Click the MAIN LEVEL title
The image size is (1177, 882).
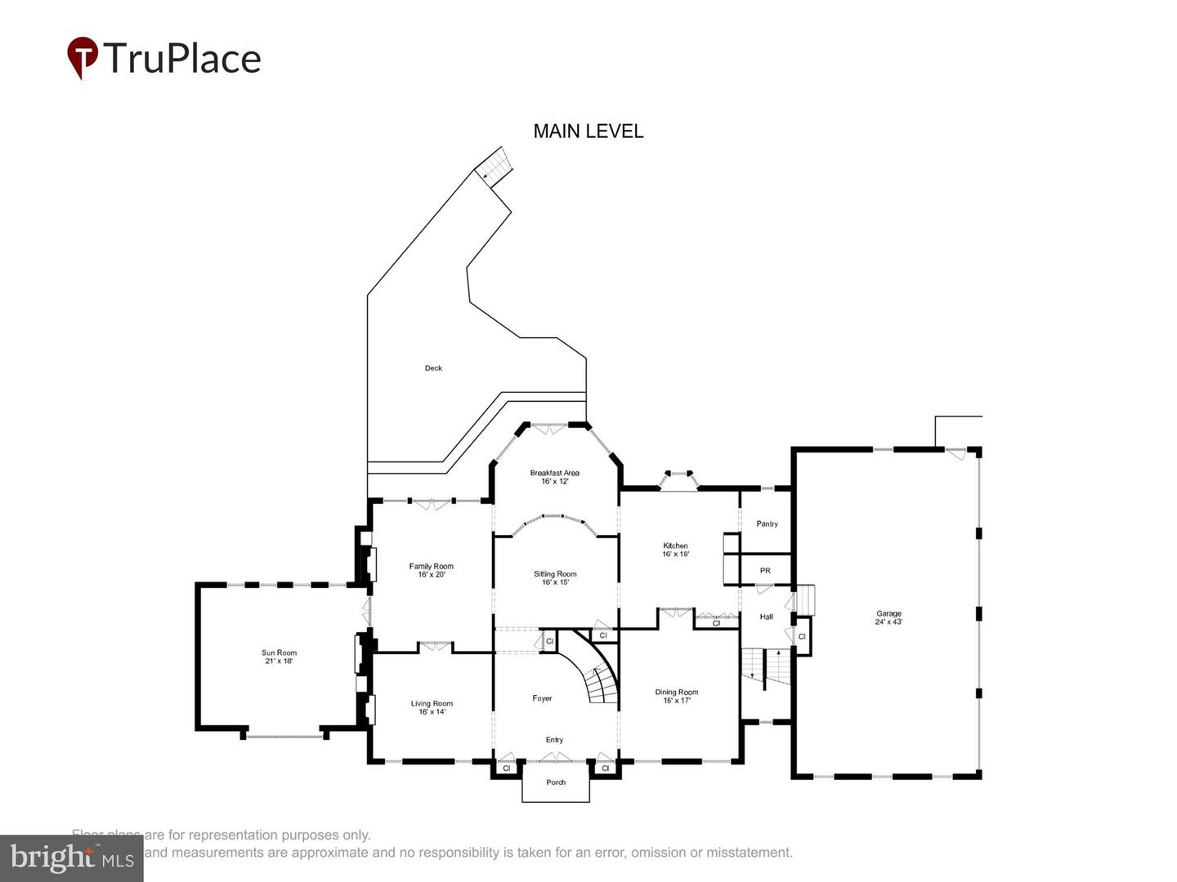(588, 131)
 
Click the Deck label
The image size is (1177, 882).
(433, 368)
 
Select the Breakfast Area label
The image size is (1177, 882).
(554, 473)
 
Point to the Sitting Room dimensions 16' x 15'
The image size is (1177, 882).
(555, 582)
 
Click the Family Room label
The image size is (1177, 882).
(431, 566)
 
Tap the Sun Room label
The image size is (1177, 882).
(279, 653)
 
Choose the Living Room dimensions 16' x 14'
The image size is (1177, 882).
(432, 712)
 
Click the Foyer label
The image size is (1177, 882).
(542, 698)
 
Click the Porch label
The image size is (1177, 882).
(556, 782)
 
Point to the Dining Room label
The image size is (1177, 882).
(676, 692)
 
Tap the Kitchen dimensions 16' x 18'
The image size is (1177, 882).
(675, 555)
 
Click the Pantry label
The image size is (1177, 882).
(767, 523)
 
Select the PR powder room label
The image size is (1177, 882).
(765, 570)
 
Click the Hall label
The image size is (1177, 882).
(766, 617)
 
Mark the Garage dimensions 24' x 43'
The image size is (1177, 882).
(888, 622)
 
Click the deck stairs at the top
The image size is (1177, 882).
(494, 167)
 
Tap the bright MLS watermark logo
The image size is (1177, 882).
(72, 857)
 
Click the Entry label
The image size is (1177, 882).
(554, 740)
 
